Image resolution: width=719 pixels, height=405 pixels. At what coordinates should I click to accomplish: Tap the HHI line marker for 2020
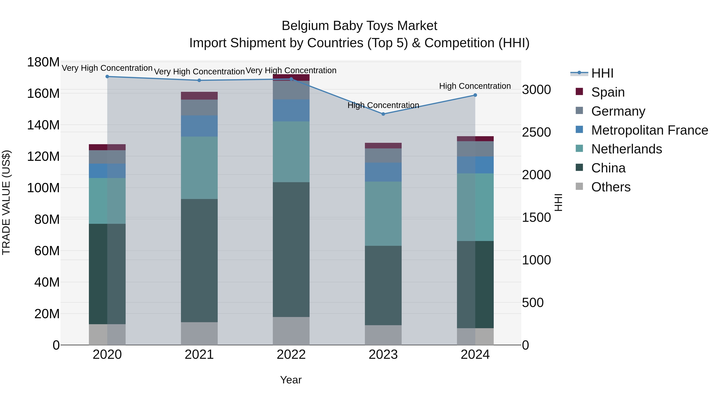click(107, 77)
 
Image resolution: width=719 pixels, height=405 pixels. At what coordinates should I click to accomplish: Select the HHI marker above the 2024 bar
click(475, 95)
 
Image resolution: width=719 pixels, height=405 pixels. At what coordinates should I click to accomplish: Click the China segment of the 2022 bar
click(291, 249)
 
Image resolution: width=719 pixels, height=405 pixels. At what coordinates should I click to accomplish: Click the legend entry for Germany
click(618, 111)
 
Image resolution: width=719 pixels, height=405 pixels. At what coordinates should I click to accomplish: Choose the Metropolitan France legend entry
click(649, 130)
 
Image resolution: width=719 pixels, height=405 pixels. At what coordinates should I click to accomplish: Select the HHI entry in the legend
click(602, 73)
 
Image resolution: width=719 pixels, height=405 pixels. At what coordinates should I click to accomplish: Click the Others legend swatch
click(579, 186)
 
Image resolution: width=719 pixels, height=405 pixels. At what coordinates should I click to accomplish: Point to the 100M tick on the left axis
click(43, 188)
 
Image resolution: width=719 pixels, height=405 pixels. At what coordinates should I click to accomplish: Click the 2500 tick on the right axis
click(536, 132)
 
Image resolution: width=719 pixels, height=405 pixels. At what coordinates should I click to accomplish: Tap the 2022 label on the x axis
click(291, 355)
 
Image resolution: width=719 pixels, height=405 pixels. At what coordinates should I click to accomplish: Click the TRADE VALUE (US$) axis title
click(6, 202)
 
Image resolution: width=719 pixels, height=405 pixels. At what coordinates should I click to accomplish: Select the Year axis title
click(291, 380)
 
